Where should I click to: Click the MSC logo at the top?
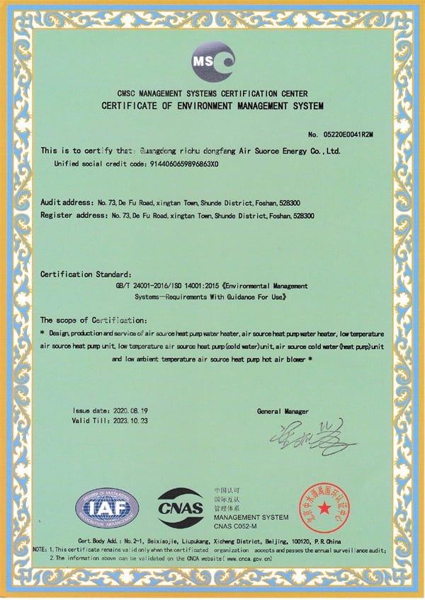click(x=212, y=62)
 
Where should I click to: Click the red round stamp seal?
click(x=325, y=508)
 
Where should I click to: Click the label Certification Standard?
click(x=86, y=274)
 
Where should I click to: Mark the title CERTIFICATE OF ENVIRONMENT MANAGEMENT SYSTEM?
click(x=212, y=106)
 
